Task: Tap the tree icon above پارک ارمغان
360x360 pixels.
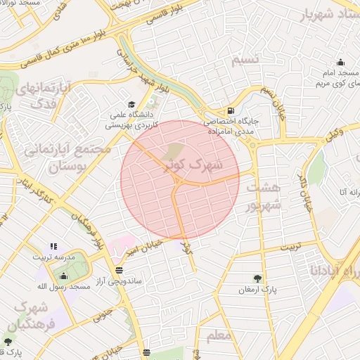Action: click(x=257, y=278)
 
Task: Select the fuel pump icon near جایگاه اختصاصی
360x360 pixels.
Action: click(x=231, y=111)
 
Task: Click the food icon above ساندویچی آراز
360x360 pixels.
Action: click(x=118, y=270)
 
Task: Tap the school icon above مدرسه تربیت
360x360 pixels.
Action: click(x=53, y=247)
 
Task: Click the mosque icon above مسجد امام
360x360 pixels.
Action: click(x=341, y=62)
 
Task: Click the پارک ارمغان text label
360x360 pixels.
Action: click(x=257, y=290)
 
